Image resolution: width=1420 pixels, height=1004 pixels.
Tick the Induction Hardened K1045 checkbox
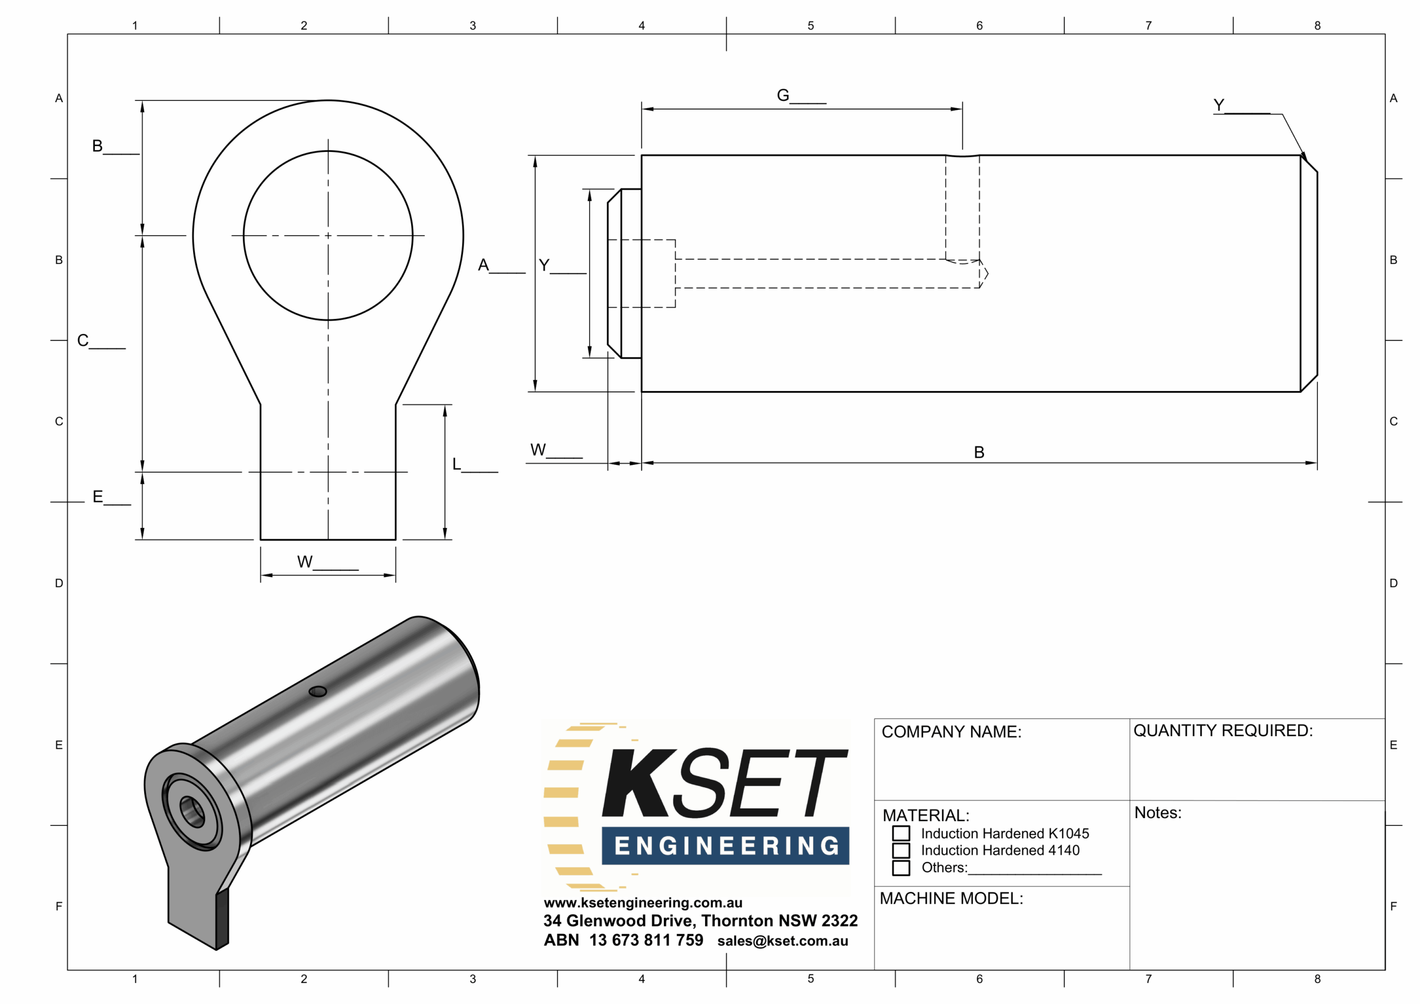click(x=901, y=833)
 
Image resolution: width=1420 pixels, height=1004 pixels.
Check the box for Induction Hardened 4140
click(x=901, y=850)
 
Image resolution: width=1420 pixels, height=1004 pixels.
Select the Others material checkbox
click(x=901, y=868)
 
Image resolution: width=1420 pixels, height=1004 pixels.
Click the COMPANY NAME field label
click(x=951, y=732)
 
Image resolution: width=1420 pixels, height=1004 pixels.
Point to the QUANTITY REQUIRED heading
click(x=1223, y=731)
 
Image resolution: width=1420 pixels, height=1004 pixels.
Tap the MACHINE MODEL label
click(x=951, y=898)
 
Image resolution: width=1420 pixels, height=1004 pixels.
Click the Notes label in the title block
click(x=1158, y=813)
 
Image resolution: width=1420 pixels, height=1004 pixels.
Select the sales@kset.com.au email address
click(x=782, y=941)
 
